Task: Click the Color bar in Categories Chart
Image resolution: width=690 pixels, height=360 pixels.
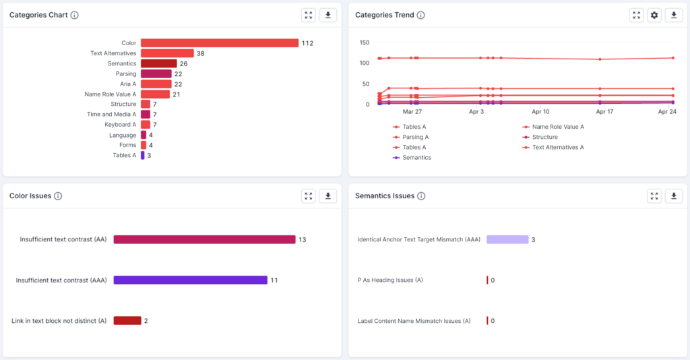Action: point(219,43)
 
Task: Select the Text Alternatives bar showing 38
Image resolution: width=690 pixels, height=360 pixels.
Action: point(167,53)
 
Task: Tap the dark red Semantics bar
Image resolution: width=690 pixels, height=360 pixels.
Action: point(158,63)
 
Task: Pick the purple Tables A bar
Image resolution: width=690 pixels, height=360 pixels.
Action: point(142,156)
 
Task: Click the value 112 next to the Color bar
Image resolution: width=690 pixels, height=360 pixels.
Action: point(307,43)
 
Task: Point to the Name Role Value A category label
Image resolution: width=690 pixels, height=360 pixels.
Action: point(110,94)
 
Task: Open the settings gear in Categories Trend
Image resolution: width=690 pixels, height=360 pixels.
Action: point(654,16)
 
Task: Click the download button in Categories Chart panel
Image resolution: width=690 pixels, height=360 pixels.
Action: point(327,16)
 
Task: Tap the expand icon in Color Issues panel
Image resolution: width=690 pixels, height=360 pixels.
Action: point(309,196)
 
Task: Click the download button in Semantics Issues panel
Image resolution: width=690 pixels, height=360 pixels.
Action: point(673,196)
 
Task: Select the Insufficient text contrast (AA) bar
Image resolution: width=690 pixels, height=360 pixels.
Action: point(204,239)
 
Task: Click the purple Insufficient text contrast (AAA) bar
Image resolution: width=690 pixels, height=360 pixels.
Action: point(190,280)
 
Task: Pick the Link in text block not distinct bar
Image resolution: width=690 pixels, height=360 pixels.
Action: point(127,321)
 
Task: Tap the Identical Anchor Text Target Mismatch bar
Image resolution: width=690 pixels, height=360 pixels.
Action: point(507,239)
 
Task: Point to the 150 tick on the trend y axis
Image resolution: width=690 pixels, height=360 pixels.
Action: point(364,42)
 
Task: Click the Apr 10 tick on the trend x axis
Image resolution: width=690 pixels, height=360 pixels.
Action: point(540,112)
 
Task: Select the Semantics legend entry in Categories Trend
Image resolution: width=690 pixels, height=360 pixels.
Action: point(416,158)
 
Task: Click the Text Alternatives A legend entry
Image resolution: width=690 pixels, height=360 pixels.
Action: point(557,147)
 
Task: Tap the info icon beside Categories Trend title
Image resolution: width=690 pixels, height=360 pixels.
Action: point(421,16)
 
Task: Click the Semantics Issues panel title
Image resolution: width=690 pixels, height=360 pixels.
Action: point(384,196)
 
